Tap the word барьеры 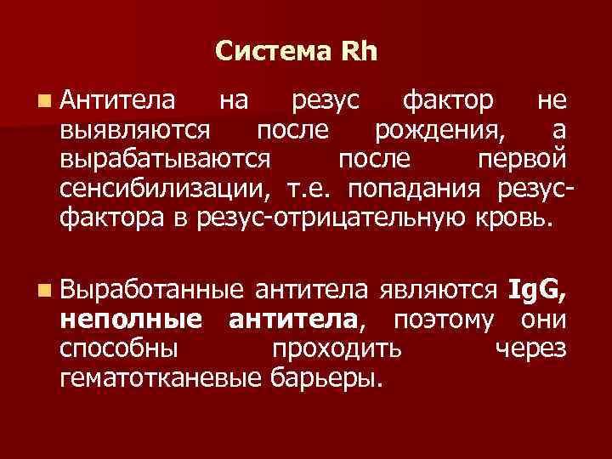pos(326,377)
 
